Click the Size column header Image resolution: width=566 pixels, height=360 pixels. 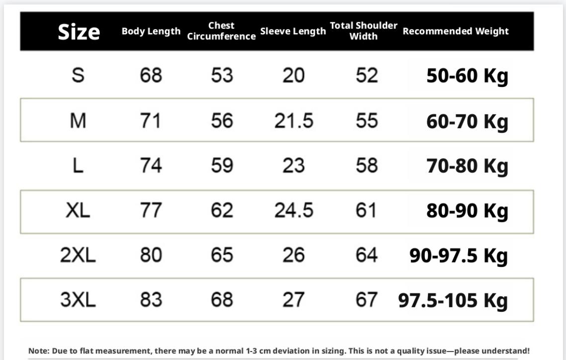coord(79,32)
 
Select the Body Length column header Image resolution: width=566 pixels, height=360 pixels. coord(151,31)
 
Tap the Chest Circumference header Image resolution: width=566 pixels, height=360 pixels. coord(221,31)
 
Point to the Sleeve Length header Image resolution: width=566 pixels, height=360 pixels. coord(293,31)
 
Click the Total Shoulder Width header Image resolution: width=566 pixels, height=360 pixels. coord(364,31)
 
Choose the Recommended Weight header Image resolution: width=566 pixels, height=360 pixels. coord(456,31)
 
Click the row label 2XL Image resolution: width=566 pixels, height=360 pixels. coord(78,255)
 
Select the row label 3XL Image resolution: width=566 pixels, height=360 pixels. coord(78,300)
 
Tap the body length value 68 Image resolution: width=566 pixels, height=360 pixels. coord(151,76)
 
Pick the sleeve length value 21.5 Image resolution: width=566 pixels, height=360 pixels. coord(294,121)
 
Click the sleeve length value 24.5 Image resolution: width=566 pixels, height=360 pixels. coord(294,210)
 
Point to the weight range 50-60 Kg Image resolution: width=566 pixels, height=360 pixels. coord(467,76)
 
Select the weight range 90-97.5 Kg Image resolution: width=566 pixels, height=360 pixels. coord(458,256)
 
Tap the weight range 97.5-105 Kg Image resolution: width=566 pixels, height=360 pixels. coord(453,300)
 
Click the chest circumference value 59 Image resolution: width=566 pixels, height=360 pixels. coord(222,166)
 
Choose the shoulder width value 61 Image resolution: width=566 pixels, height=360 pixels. coord(366,210)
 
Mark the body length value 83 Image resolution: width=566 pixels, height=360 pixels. coord(151,300)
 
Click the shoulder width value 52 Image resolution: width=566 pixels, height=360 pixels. coord(367,76)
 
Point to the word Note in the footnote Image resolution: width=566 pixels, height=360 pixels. coord(37,351)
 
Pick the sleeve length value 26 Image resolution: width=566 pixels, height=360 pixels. coord(293,255)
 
